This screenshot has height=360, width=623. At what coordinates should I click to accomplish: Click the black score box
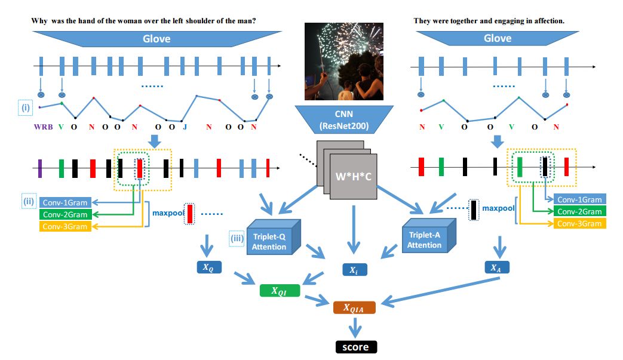(x=356, y=347)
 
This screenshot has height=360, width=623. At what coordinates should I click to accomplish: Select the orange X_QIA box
(x=354, y=307)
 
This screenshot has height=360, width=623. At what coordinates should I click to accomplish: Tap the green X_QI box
(x=280, y=291)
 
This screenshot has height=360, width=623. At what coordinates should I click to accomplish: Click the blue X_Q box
(x=209, y=267)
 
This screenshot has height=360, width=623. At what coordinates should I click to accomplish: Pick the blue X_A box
(x=496, y=267)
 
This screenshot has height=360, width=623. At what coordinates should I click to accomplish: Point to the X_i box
(x=355, y=270)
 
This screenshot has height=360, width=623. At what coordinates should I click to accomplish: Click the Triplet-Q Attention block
(x=274, y=237)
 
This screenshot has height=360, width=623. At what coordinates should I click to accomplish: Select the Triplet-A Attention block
(x=429, y=236)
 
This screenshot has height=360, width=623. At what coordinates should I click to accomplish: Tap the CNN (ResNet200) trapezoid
(x=344, y=119)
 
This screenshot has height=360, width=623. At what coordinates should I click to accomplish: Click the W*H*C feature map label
(x=353, y=177)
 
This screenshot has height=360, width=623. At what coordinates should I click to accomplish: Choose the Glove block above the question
(x=156, y=39)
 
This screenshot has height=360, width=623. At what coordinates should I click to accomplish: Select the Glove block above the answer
(x=498, y=38)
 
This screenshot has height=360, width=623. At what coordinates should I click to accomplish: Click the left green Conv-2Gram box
(x=65, y=215)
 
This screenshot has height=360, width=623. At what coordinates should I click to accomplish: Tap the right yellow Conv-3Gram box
(x=579, y=224)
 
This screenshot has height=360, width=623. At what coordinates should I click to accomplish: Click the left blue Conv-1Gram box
(x=65, y=202)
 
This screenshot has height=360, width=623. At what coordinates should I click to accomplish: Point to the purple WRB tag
(x=44, y=127)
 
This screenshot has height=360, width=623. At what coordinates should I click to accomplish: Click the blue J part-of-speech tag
(x=185, y=127)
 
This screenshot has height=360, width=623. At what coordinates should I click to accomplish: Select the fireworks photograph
(x=344, y=61)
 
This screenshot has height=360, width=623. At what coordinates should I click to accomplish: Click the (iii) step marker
(x=237, y=239)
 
